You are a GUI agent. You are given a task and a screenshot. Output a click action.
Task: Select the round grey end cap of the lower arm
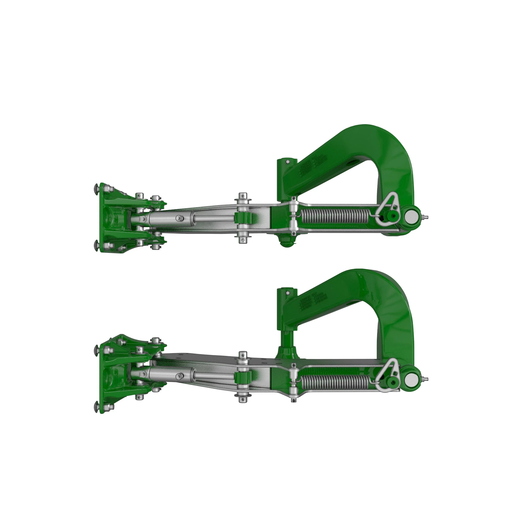(x=411, y=377)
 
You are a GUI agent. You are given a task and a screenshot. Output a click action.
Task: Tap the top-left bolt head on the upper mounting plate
(x=97, y=187)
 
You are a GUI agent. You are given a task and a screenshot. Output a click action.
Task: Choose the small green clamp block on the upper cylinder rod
(x=243, y=217)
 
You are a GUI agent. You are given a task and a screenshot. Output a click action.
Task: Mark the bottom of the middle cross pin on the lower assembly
(x=243, y=400)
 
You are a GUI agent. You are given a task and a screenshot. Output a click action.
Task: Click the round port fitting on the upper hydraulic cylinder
(x=178, y=218)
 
